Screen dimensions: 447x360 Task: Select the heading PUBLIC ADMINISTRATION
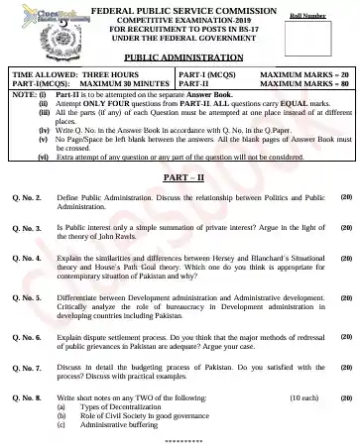pos(179,59)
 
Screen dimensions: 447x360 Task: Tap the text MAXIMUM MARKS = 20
pos(304,74)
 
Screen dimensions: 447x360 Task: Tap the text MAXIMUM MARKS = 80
pos(304,84)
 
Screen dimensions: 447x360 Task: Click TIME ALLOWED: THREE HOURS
pos(62,74)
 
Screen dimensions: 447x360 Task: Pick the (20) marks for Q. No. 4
pos(345,257)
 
